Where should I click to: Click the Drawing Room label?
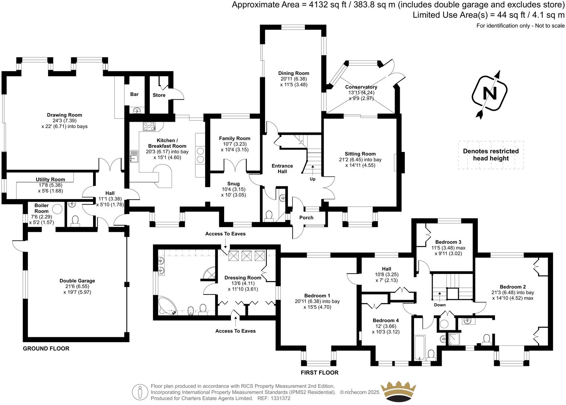(64, 115)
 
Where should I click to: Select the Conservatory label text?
(361, 87)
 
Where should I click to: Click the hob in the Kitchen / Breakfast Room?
(149, 127)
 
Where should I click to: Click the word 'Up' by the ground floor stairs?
(312, 179)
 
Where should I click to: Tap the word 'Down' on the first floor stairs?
(440, 305)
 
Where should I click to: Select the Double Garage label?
(77, 281)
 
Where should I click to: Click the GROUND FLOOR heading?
(46, 349)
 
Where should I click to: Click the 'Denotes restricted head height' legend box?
(491, 155)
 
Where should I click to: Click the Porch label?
(306, 218)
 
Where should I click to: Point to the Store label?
(159, 95)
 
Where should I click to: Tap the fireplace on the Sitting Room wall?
(401, 163)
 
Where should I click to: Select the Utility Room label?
(50, 179)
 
